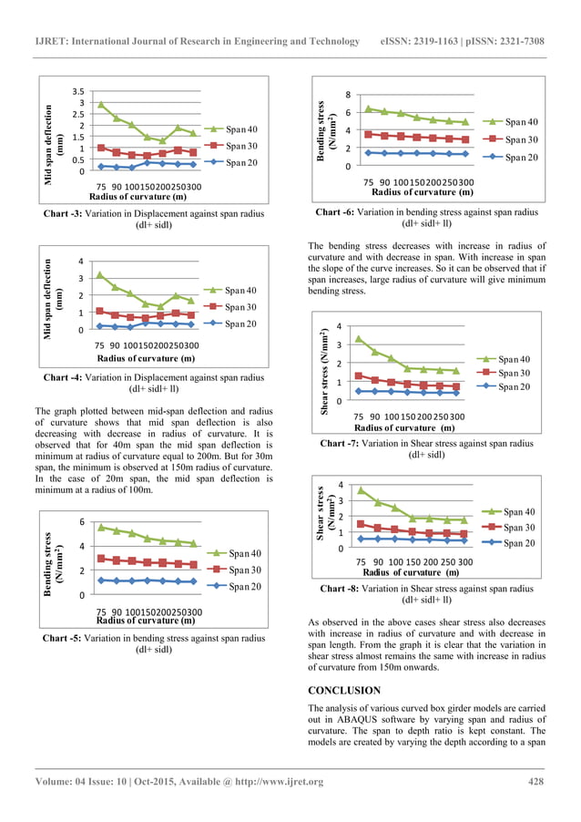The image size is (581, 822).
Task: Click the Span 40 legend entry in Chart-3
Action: (241, 128)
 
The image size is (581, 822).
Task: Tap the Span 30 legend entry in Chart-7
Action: (515, 373)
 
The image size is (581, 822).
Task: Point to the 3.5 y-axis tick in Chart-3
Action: (77, 91)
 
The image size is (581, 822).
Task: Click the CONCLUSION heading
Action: (344, 691)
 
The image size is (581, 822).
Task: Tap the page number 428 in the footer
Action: (536, 782)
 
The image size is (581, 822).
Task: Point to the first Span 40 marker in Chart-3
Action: (100, 104)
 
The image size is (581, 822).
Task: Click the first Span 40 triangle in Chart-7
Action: (358, 338)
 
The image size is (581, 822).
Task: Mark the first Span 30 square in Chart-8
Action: (361, 524)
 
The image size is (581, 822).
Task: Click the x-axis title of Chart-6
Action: (422, 192)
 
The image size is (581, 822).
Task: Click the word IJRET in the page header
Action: (49, 41)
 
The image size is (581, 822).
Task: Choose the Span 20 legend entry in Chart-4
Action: (241, 324)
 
